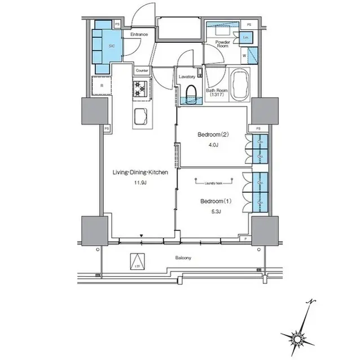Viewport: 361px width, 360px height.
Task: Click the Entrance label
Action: point(139,35)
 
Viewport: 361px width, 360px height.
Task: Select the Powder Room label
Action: point(222,44)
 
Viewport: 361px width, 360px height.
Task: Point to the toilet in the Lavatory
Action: point(191,93)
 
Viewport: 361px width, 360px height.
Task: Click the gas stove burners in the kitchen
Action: point(141,87)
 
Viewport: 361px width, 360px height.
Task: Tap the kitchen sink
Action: point(140,117)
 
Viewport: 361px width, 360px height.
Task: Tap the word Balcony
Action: point(182,258)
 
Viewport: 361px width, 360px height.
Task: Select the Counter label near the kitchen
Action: point(142,70)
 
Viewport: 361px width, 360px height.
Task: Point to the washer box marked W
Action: point(244,56)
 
